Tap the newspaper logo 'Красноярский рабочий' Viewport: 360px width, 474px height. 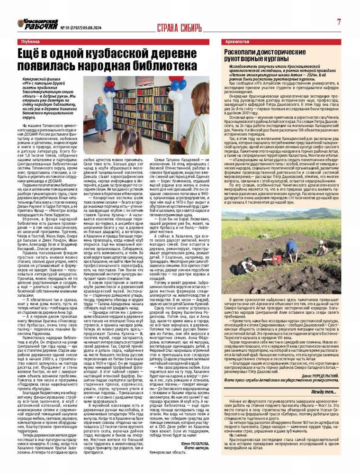pos(35,23)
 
